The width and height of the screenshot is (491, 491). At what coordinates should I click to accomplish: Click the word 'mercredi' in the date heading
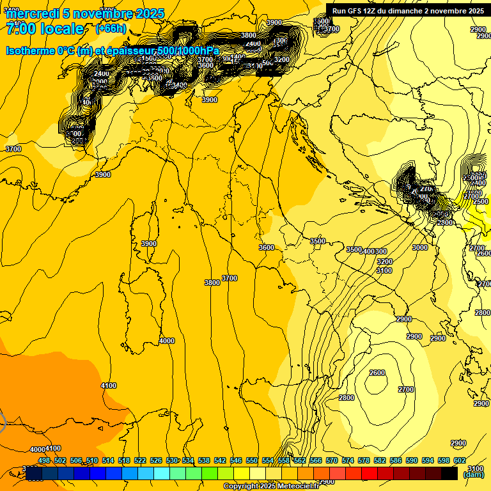pyautogui.click(x=31, y=13)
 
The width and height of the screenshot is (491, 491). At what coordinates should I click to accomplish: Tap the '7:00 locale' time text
pyautogui.click(x=45, y=29)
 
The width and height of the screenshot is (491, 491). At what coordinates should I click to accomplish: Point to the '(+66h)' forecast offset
pyautogui.click(x=111, y=29)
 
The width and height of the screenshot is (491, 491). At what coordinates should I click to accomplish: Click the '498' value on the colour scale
pyautogui.click(x=44, y=460)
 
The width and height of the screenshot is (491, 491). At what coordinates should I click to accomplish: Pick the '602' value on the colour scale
pyautogui.click(x=459, y=460)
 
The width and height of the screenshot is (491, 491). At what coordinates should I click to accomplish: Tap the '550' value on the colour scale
pyautogui.click(x=252, y=460)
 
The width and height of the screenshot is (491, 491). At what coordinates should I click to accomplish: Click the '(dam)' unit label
pyautogui.click(x=472, y=474)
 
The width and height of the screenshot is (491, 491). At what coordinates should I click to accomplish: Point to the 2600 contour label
pyautogui.click(x=377, y=373)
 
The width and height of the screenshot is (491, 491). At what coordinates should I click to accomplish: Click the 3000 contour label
pyautogui.click(x=419, y=247)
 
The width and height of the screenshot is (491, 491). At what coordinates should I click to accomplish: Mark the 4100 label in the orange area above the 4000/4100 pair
pyautogui.click(x=109, y=386)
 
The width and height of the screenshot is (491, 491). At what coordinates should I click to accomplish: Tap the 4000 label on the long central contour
pyautogui.click(x=166, y=341)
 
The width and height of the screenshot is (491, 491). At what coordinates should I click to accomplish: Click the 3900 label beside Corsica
pyautogui.click(x=149, y=244)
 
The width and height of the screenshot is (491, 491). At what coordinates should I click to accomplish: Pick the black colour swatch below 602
pyautogui.click(x=449, y=473)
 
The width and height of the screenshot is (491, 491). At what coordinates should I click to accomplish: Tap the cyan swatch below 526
pyautogui.click(x=162, y=473)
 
